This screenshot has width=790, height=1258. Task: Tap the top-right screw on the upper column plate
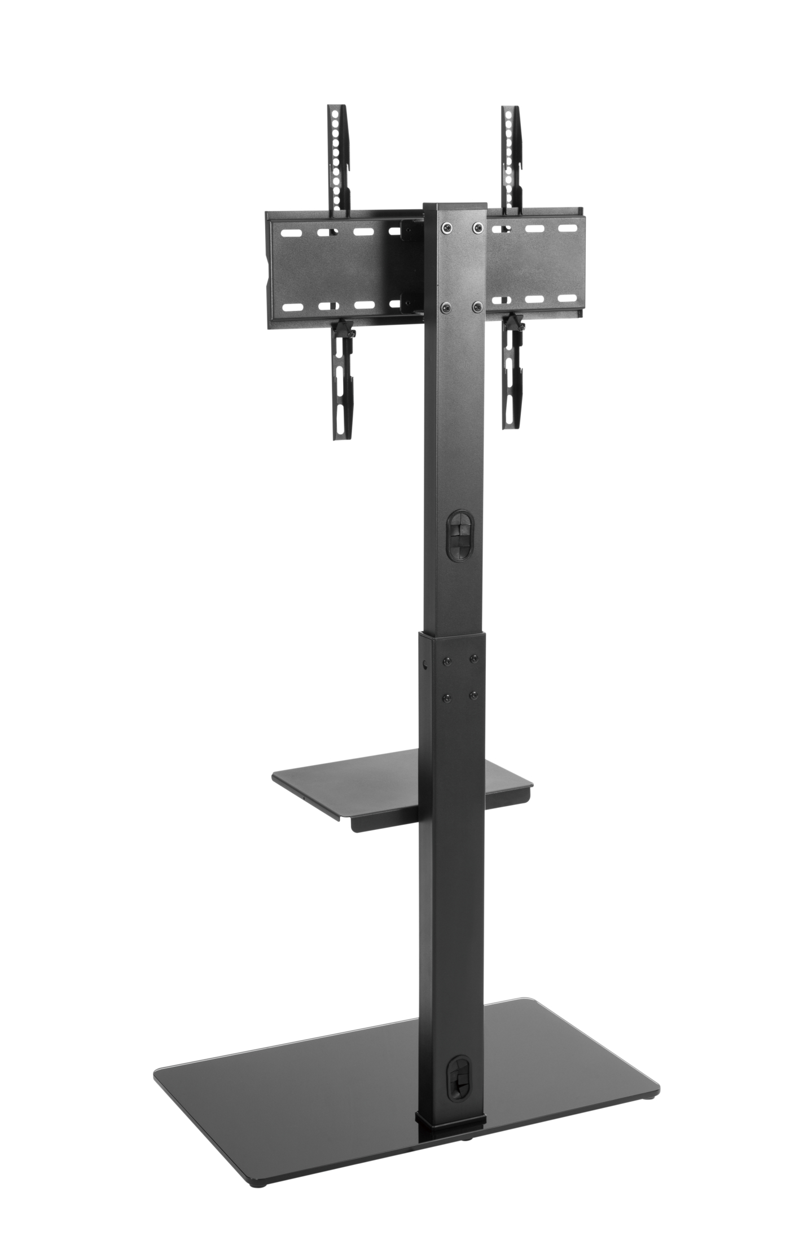(478, 227)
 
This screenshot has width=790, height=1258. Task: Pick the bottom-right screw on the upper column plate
(477, 307)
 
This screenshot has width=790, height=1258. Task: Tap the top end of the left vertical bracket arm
(337, 108)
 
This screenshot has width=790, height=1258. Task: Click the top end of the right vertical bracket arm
(511, 110)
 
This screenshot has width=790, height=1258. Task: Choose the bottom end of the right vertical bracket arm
(512, 424)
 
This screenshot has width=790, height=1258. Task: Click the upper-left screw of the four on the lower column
(447, 661)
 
